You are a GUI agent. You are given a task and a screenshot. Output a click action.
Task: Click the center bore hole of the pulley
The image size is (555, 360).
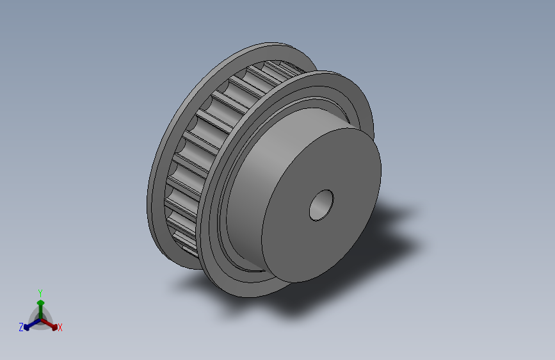[x=321, y=206]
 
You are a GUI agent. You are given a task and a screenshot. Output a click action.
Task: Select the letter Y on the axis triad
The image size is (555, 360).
[x=40, y=293]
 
